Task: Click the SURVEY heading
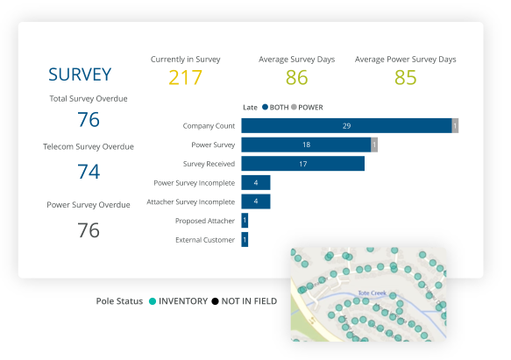coord(80,74)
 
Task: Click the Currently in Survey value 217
coord(185,78)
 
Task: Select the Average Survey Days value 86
coord(296,78)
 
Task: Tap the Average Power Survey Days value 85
coord(405,78)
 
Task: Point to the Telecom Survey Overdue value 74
coord(89,172)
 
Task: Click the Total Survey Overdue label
coord(89,99)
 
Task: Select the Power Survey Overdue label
coord(89,205)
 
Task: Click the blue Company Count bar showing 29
coord(346,126)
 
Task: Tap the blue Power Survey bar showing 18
coord(306,145)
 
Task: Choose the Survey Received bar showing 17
coord(302,163)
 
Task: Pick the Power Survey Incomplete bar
coord(256,182)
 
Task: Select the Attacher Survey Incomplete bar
coord(256,201)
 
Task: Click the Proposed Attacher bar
coord(245,221)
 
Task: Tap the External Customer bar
coord(245,239)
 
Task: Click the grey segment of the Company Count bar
coord(455,126)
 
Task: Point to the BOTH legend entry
coord(276,107)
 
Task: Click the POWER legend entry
coord(309,107)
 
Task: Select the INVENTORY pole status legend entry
coord(181,301)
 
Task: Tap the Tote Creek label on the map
coord(373,294)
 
